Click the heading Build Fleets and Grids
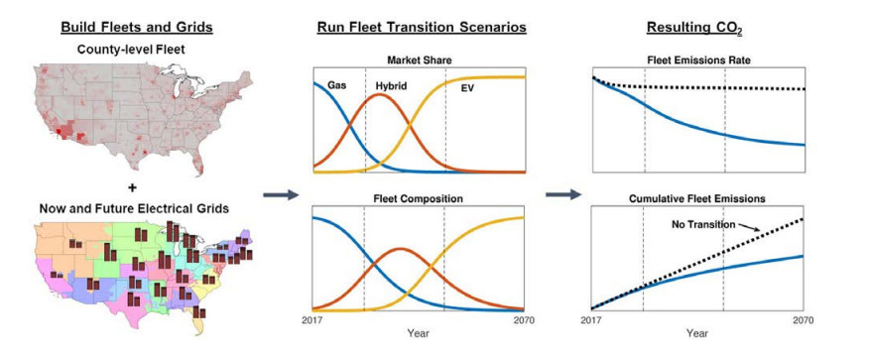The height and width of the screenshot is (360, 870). pos(137,27)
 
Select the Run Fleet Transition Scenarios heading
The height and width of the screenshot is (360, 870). pos(422,27)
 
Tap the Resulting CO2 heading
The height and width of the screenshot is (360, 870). pos(694,29)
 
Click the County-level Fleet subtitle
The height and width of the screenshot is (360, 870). pos(131,50)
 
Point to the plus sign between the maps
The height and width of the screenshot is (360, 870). pos(132,187)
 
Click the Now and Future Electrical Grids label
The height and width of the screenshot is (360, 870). pos(134,208)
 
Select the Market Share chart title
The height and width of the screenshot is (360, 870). pos(419,60)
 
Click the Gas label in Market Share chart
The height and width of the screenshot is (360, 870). pos(336,86)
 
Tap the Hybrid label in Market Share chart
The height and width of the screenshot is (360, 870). pos(391,86)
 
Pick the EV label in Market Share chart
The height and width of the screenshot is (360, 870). pos(467,87)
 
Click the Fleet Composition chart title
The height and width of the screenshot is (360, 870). pos(418,198)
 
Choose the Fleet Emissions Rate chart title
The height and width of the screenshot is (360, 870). pos(698,60)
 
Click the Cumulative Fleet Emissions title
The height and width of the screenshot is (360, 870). pos(697,198)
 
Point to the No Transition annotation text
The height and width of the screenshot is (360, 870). pos(703,225)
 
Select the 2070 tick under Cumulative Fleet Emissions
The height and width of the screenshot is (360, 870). pos(804,320)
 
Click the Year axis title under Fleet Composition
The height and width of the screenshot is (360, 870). pos(418,333)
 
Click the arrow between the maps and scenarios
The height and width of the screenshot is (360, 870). pos(281,194)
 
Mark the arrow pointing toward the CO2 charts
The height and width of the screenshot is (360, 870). pos(562,194)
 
